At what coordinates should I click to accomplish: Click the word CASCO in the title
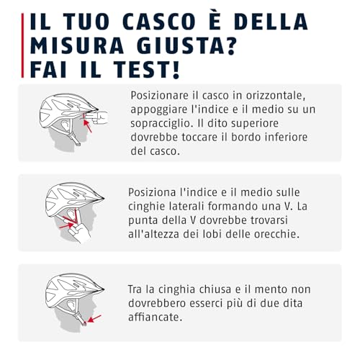point(159,22)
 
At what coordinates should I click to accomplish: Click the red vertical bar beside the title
point(22,45)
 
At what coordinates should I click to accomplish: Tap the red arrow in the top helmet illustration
point(88,126)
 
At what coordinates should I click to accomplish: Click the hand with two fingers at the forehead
point(96,117)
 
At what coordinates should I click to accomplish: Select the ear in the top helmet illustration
point(65,125)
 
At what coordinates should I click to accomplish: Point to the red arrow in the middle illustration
point(66,225)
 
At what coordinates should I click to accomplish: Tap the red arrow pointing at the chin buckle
point(94,319)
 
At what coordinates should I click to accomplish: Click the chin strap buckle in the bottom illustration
point(84,323)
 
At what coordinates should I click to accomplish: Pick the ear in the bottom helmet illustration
point(71,305)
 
